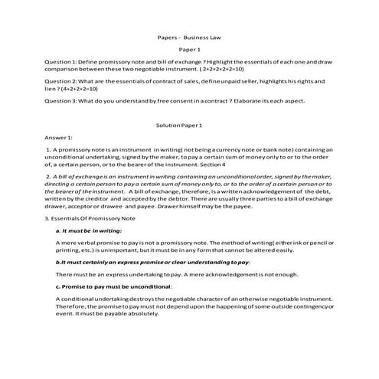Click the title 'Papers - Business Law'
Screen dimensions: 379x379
[188, 36]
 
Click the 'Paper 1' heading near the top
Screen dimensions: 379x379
[188, 49]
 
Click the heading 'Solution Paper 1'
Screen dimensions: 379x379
[188, 125]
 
